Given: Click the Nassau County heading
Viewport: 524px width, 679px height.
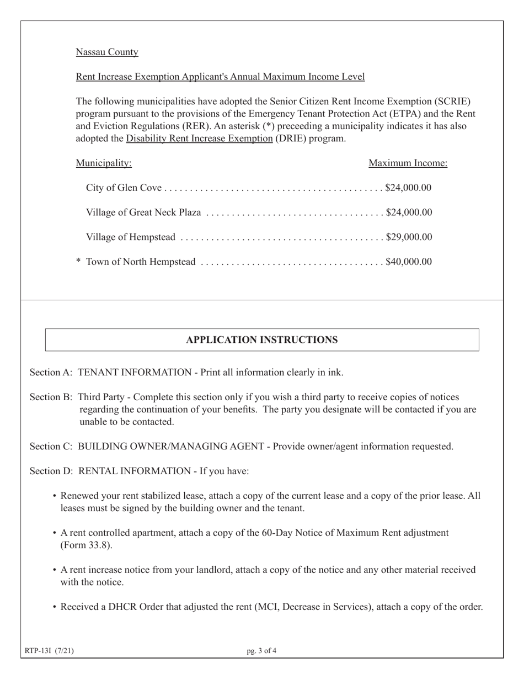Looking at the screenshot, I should pyautogui.click(x=107, y=52).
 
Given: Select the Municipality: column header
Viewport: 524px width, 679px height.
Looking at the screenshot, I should pyautogui.click(x=104, y=163).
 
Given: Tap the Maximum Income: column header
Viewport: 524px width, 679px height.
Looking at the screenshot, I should pyautogui.click(x=408, y=163).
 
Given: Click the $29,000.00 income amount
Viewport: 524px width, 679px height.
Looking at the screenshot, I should pyautogui.click(x=409, y=237).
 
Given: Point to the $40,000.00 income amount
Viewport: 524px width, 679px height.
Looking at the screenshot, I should pyautogui.click(x=409, y=262).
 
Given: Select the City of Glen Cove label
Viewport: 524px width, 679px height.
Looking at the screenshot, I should pyautogui.click(x=124, y=188).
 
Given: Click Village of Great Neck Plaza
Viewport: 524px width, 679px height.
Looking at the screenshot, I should pyautogui.click(x=143, y=213).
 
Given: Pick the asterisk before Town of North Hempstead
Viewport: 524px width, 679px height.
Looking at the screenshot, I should pyautogui.click(x=78, y=262).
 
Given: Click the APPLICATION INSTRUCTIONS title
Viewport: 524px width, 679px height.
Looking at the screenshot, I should pyautogui.click(x=262, y=340).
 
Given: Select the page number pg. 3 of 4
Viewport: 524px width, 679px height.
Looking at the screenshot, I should pyautogui.click(x=262, y=651).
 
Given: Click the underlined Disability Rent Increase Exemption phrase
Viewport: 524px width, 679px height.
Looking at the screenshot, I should pyautogui.click(x=199, y=139).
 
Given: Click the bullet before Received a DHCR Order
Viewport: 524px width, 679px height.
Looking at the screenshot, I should pyautogui.click(x=55, y=607).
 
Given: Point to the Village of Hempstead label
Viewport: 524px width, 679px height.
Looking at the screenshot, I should pyautogui.click(x=131, y=237).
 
